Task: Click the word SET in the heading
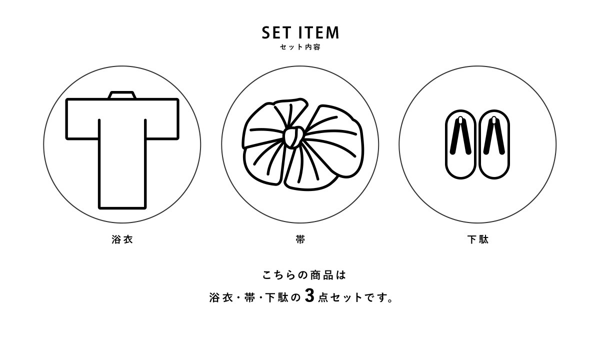(276, 32)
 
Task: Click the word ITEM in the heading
(319, 32)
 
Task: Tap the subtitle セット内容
(300, 47)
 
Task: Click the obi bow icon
(302, 144)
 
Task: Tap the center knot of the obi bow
(294, 137)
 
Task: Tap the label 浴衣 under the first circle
(122, 239)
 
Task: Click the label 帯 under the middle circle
(300, 239)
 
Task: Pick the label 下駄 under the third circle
(478, 239)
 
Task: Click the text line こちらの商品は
(304, 275)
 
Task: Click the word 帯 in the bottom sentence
(249, 297)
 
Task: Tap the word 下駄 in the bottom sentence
(276, 297)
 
